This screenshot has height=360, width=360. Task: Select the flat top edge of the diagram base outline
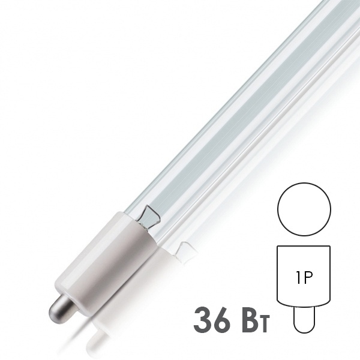pyautogui.click(x=305, y=244)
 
